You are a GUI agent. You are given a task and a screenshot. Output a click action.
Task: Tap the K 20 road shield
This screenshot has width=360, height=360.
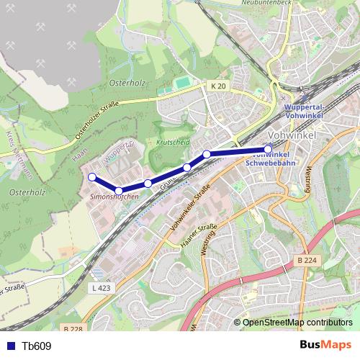tap(219, 86)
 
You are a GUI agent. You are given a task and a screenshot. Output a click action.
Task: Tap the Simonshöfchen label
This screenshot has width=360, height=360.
tap(114, 197)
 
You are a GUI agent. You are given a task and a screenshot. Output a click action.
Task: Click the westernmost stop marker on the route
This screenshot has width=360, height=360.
tap(91, 177)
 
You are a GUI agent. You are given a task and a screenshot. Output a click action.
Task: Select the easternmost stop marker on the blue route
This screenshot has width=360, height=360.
tap(268, 150)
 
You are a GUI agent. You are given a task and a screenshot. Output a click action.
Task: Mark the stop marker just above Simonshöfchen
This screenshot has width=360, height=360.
tap(118, 190)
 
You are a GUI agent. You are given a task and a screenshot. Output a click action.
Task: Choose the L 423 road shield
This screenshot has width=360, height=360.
tap(102, 287)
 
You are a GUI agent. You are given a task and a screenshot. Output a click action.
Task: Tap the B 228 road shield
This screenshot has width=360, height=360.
tap(73, 328)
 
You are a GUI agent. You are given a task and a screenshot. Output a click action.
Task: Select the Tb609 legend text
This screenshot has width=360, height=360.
tap(37, 346)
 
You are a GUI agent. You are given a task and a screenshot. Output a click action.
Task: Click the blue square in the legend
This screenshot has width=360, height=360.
tap(10, 346)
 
